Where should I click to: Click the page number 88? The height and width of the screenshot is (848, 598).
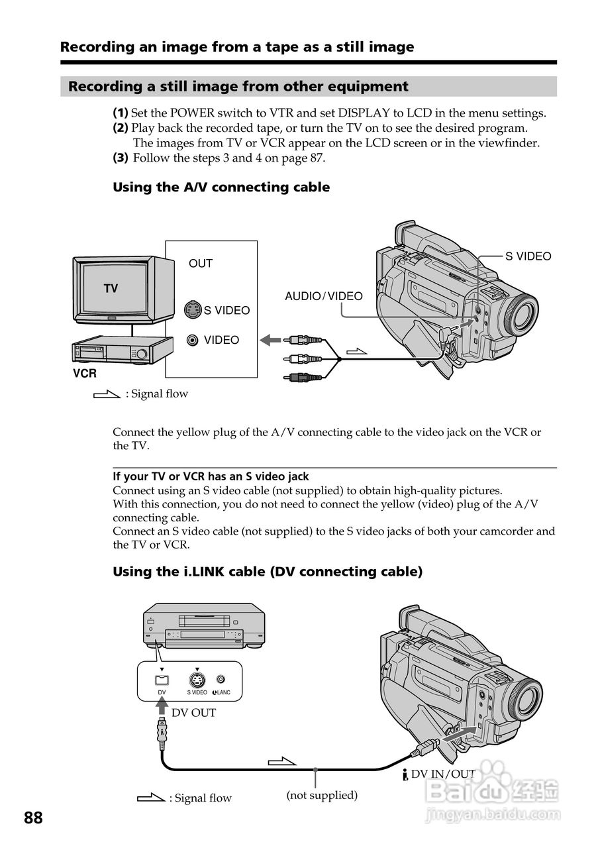pos(33,818)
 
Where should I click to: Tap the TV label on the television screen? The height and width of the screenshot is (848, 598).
pos(111,288)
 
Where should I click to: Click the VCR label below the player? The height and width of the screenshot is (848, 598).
pos(85,374)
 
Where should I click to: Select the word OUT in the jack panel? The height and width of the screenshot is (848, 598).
pos(201,263)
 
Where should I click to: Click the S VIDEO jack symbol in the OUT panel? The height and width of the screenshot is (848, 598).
pos(193,309)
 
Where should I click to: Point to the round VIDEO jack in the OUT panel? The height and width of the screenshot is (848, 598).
pos(193,341)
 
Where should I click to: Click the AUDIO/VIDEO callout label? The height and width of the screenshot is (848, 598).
pos(324,296)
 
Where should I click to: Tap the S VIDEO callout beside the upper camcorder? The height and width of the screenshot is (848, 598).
pos(528,256)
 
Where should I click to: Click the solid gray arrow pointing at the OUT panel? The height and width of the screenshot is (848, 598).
pos(270,340)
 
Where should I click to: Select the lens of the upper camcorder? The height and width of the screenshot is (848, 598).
pos(523,315)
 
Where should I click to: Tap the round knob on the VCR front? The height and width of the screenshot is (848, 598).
pos(142,354)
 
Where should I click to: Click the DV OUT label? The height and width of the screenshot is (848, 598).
pos(193,713)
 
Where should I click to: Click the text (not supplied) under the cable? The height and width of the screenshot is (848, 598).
pos(322,795)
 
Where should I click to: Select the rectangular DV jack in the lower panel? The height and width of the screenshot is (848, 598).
pos(162,680)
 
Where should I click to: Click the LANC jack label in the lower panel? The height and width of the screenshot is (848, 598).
pos(221,692)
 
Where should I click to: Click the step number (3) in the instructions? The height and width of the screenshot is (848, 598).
pos(121,158)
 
